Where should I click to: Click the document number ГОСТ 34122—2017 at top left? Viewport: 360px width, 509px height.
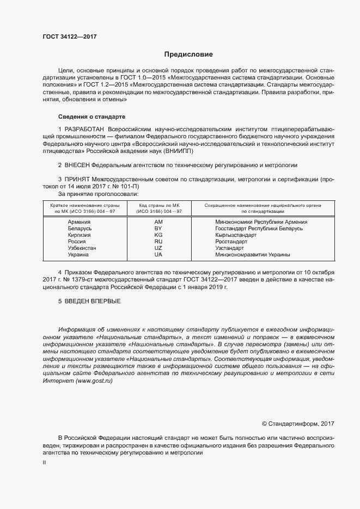(70, 37)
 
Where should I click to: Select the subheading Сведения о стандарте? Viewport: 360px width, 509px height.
(91, 117)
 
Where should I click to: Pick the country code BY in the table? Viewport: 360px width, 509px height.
(158, 229)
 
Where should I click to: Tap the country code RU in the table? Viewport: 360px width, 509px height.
(158, 241)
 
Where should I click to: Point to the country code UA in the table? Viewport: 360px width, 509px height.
(158, 254)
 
